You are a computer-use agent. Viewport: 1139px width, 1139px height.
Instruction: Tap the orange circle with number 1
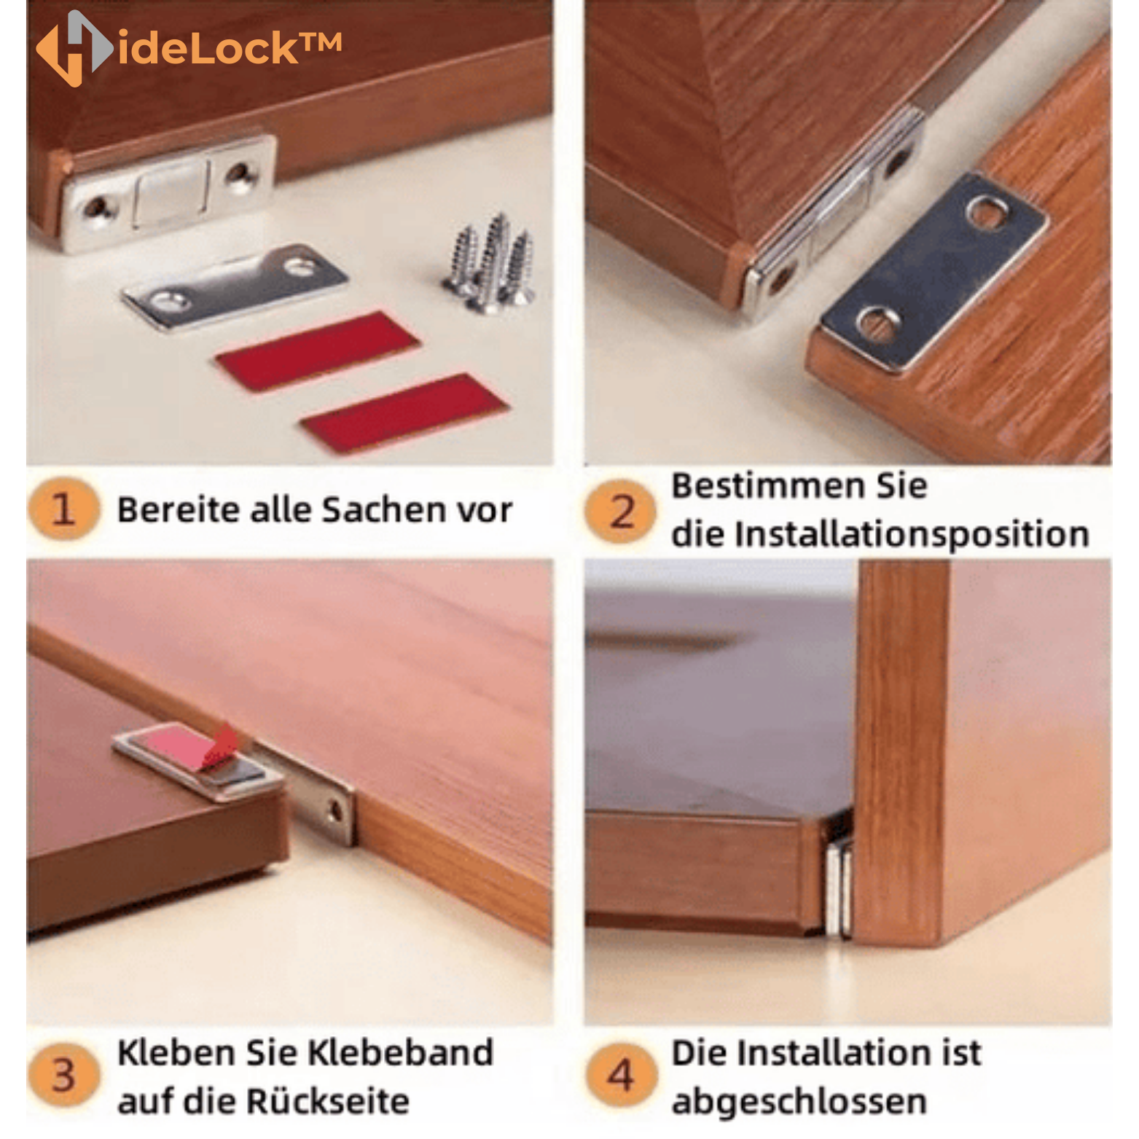tap(63, 509)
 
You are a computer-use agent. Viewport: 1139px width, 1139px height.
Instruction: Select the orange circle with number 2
tap(621, 511)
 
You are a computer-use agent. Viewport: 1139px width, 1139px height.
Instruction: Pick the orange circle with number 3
tap(63, 1076)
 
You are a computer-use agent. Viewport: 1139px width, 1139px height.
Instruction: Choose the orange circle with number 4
tap(620, 1075)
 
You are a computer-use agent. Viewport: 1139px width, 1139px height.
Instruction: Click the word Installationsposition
tap(912, 534)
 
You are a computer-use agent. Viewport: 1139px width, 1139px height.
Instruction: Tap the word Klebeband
tap(399, 1053)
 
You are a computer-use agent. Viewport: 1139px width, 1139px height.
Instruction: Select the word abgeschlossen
tap(799, 1101)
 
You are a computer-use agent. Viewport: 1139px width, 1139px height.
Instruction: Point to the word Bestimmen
tap(763, 486)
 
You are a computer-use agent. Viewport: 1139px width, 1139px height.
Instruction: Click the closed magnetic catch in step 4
tap(839, 885)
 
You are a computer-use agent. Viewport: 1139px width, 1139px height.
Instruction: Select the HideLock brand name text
tap(229, 49)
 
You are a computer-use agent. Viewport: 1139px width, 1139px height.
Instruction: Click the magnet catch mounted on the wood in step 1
tap(169, 191)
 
